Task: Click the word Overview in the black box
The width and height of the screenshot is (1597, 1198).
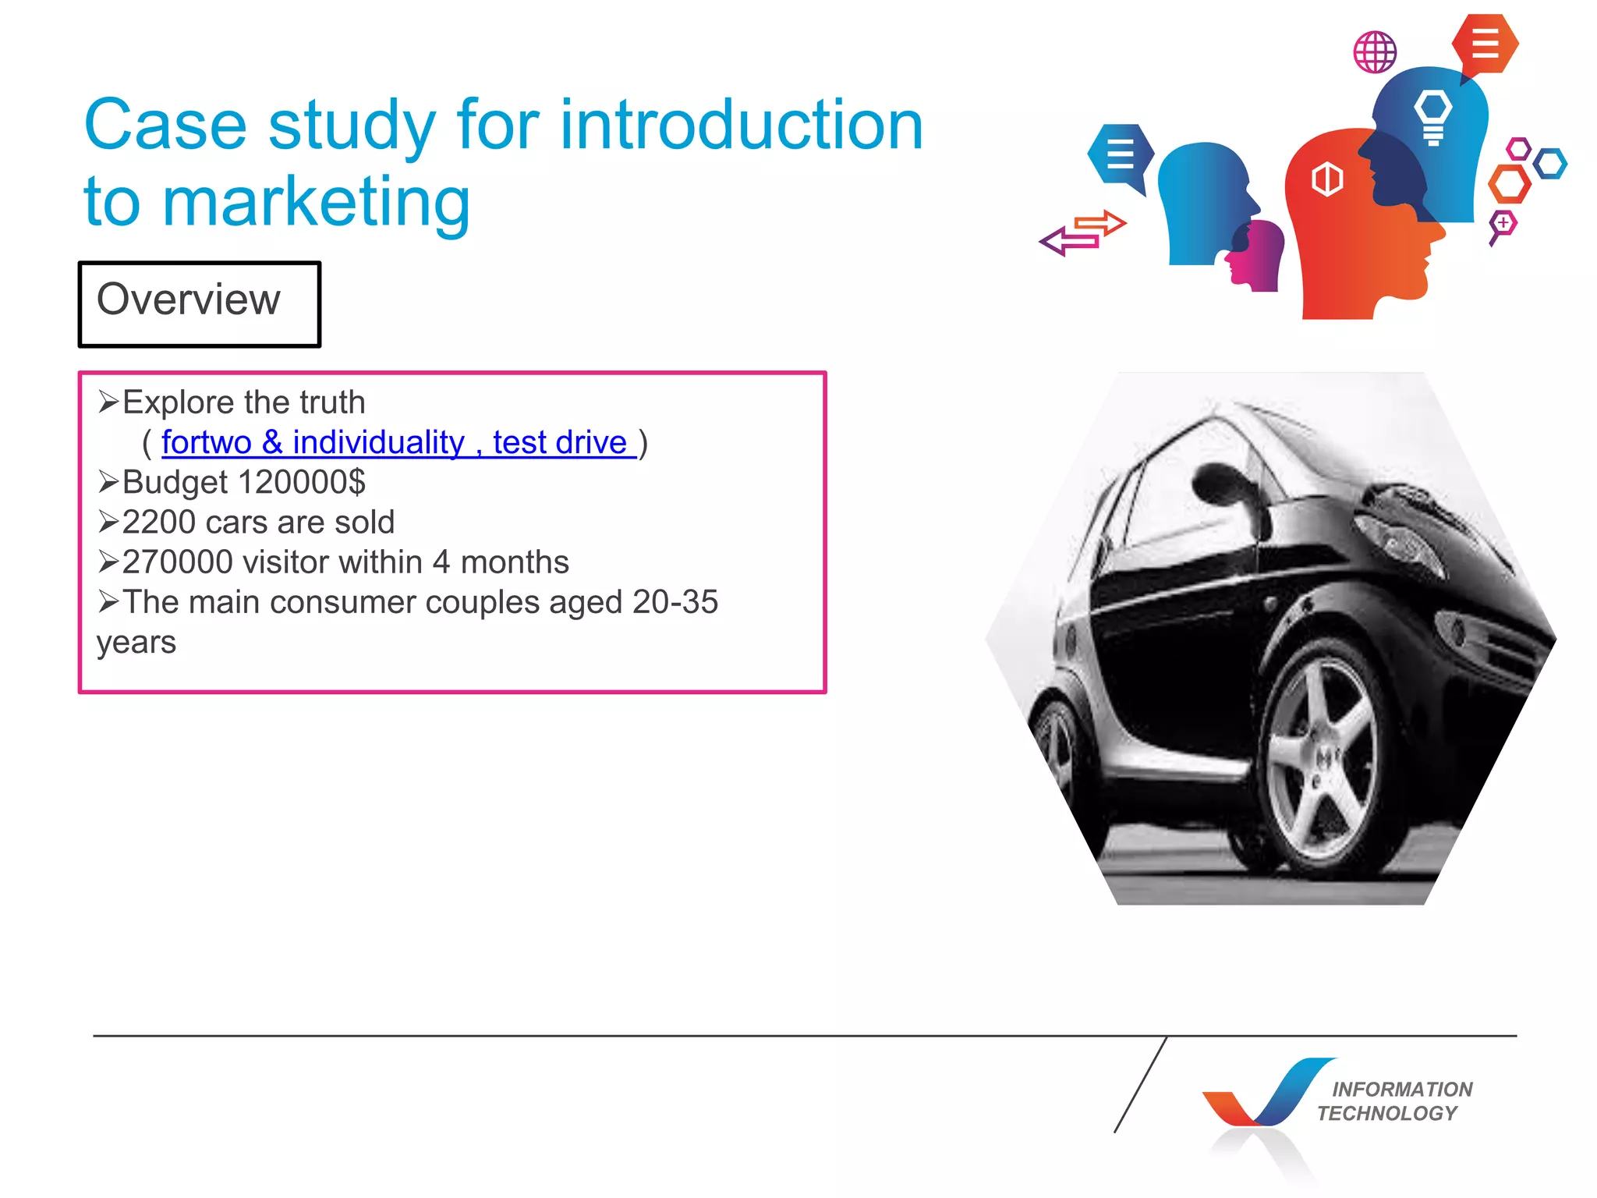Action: coord(188,299)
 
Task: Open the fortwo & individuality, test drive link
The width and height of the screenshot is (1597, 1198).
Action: coord(398,442)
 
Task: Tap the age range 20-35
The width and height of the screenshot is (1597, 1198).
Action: coord(675,602)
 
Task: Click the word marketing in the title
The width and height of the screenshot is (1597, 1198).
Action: coord(316,202)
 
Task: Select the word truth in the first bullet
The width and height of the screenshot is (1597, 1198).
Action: coord(332,402)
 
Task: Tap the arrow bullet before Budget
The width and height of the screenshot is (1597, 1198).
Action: coord(108,482)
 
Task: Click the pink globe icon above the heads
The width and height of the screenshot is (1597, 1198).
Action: coord(1375,52)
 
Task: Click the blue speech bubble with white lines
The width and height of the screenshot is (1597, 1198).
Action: coord(1121,154)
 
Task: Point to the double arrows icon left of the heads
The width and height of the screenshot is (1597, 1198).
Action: coord(1082,232)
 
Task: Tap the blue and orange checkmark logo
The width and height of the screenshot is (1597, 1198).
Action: coord(1263,1095)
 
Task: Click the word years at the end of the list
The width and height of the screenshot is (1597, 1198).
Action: coord(136,643)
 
